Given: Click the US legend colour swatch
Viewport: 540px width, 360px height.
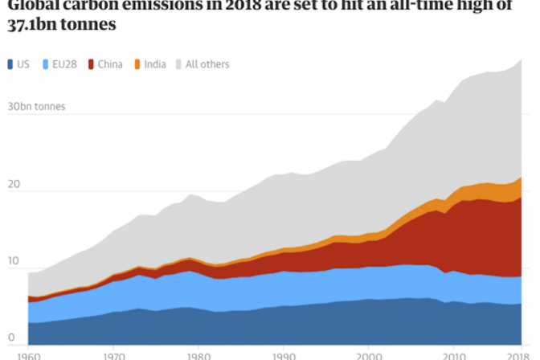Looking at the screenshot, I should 10,64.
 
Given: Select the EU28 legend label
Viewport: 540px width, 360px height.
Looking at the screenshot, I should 63,64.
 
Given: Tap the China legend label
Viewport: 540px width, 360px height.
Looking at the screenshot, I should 110,64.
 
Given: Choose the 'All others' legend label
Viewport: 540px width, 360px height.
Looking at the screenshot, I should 207,64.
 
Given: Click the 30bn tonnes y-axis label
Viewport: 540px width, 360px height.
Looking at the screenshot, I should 36,106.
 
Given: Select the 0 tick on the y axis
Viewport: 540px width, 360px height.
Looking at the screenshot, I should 10,337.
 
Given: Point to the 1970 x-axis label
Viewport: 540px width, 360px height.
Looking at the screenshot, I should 113,354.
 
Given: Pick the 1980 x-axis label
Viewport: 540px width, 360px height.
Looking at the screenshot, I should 198,354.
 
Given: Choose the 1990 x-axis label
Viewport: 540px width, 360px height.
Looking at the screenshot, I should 284,354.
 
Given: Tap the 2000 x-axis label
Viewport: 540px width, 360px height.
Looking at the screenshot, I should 369,354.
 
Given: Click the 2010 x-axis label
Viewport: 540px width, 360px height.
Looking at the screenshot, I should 454,354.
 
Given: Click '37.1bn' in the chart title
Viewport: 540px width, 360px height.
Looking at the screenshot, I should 31,24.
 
